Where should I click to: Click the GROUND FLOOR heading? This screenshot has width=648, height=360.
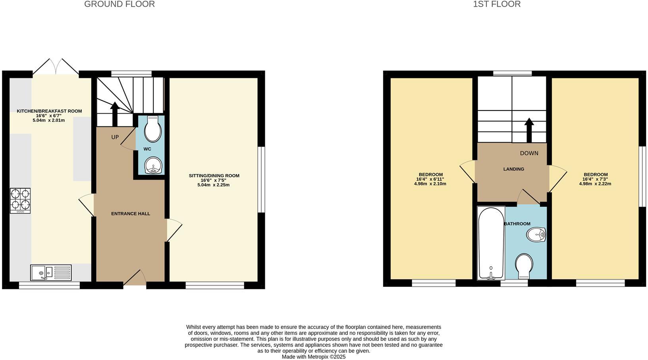119,4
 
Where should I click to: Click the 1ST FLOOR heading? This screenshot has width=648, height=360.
497,4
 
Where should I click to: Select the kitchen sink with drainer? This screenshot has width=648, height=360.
51,273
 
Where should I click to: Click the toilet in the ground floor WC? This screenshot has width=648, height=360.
152,129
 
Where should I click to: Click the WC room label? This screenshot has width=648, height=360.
147,149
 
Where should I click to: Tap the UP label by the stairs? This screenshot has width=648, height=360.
115,137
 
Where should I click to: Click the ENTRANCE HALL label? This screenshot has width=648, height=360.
131,214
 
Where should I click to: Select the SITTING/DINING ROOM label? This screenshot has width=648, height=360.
214,176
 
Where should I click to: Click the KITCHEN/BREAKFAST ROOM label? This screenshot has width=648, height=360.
49,111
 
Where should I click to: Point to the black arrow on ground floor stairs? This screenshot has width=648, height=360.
115,114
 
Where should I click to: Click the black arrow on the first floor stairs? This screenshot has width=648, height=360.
529,130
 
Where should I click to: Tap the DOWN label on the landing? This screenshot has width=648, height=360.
529,153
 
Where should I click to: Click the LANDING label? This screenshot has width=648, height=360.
514,169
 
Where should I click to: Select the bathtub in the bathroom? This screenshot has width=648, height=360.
491,243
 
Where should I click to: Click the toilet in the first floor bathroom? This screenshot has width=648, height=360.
524,266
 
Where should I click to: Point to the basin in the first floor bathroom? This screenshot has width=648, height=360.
536,235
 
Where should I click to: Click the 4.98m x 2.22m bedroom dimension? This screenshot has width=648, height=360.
595,184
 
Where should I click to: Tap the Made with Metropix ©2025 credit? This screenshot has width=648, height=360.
314,357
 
